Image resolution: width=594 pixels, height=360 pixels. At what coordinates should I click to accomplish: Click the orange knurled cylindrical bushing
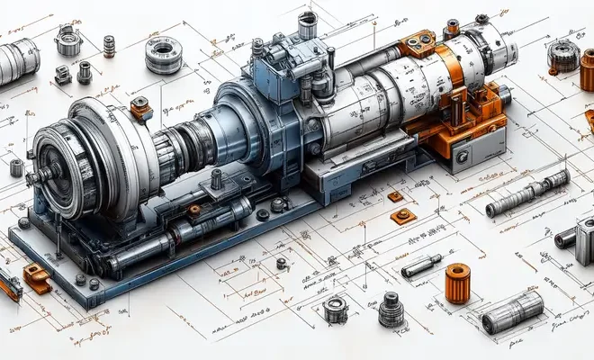(x=457, y=283)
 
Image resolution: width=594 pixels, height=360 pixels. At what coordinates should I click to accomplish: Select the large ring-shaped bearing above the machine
(x=164, y=53)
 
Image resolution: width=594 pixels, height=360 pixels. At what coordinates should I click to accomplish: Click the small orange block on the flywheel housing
(x=140, y=108)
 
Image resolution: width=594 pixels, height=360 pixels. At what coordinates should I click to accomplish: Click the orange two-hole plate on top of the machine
(x=418, y=42)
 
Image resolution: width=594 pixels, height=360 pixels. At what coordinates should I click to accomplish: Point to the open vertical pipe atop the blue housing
(x=307, y=22)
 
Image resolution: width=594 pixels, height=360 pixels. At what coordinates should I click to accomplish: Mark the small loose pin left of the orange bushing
(x=421, y=266)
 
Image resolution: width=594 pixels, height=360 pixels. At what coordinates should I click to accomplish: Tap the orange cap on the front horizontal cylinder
(x=193, y=211)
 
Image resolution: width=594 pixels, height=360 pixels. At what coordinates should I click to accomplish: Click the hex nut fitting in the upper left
(x=67, y=40)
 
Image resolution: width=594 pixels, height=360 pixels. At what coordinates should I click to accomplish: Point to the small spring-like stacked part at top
(x=109, y=45)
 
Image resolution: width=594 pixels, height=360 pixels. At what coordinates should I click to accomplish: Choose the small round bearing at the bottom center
(x=335, y=308)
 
